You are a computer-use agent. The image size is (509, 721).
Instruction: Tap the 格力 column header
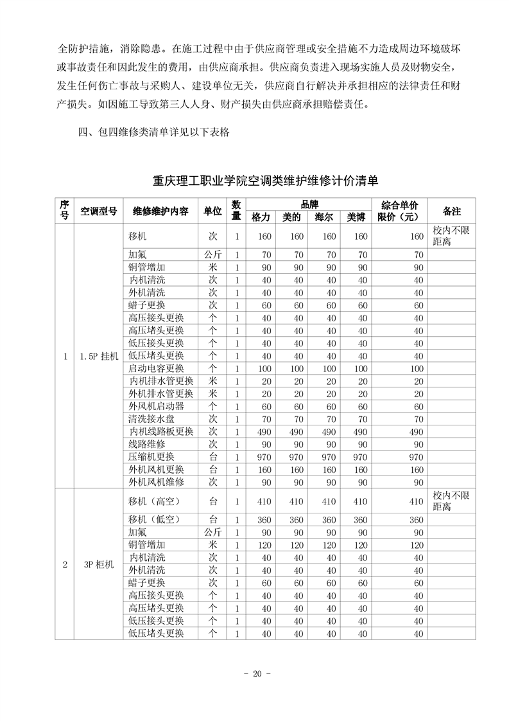tap(261, 217)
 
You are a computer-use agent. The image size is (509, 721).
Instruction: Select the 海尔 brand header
tap(325, 217)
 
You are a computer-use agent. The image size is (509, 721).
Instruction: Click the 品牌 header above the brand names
tap(309, 204)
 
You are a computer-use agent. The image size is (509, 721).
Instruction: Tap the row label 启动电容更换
tap(156, 369)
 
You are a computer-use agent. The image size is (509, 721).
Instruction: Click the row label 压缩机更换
tap(151, 457)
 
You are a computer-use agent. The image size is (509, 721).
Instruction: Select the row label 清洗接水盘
tap(151, 419)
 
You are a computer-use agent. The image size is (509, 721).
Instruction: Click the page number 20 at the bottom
tap(255, 674)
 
